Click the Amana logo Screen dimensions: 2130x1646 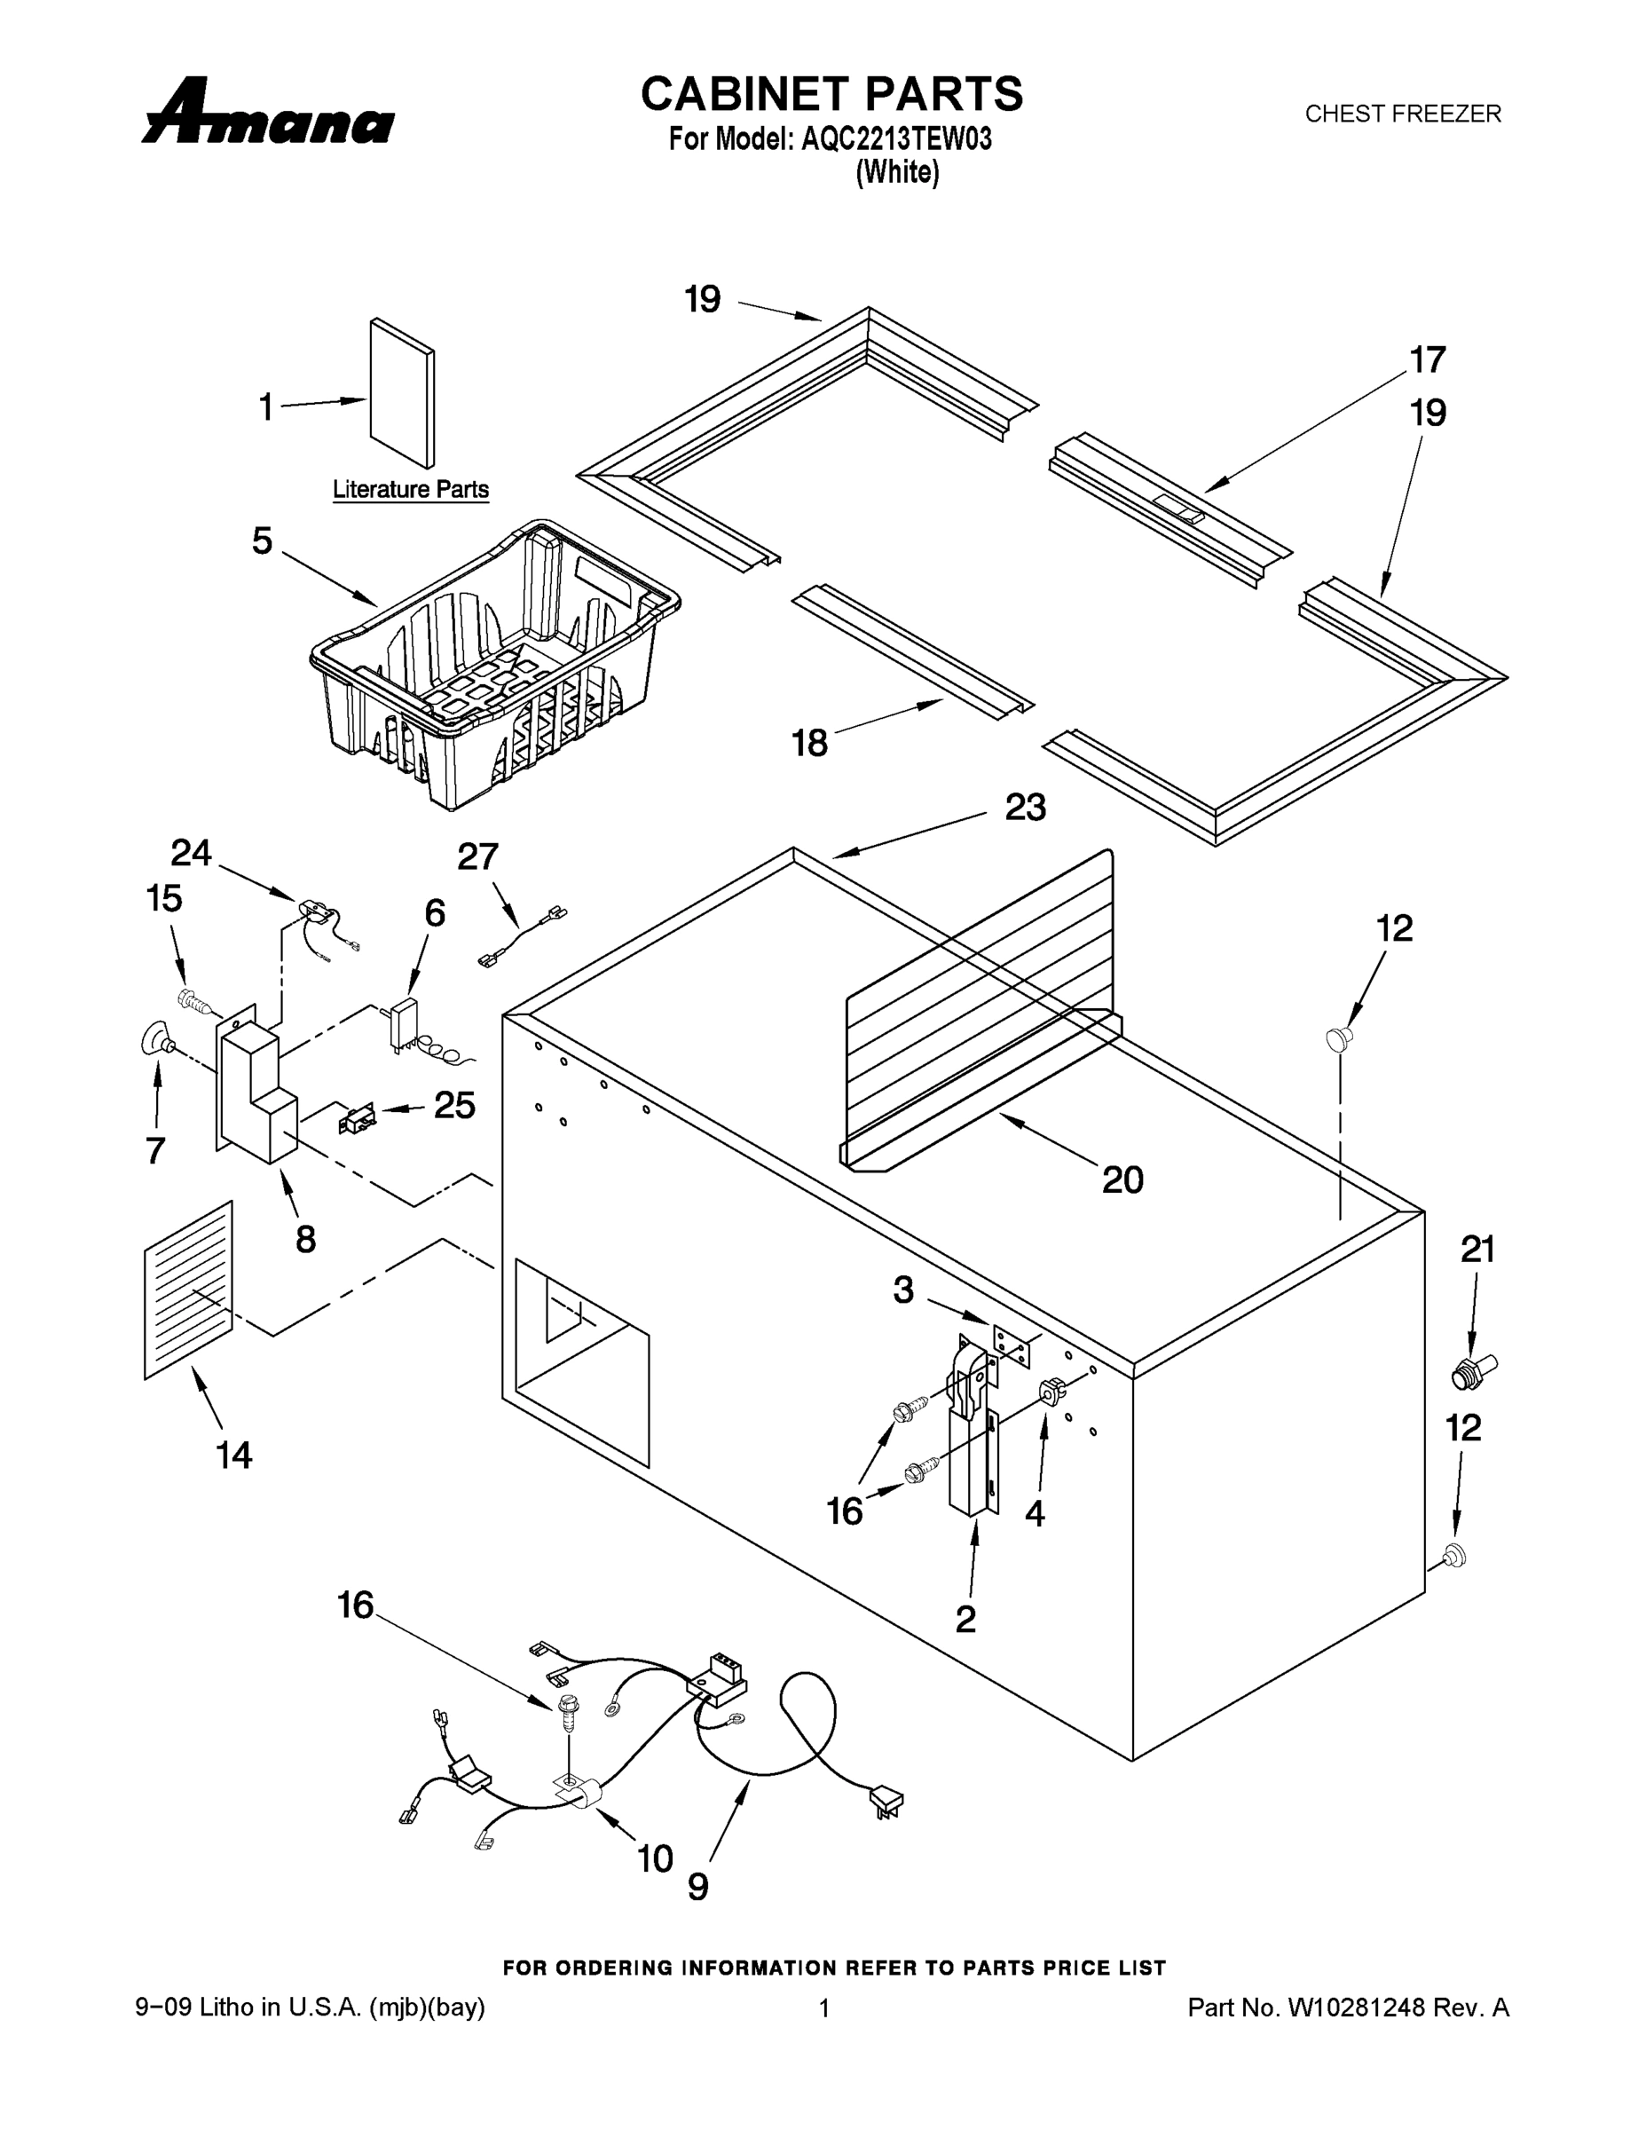(x=268, y=114)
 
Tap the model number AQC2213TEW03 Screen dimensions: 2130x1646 (x=896, y=139)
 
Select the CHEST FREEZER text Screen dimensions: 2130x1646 (x=1402, y=114)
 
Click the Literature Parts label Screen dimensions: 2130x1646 (x=411, y=490)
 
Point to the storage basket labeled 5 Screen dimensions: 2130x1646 (x=497, y=663)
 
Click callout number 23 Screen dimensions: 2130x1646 (x=1026, y=808)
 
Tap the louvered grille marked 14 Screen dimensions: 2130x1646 (x=188, y=1290)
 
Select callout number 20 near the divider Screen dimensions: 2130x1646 (x=1122, y=1179)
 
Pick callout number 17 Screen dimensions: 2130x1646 (x=1428, y=359)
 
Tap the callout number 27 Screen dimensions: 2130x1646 (x=476, y=856)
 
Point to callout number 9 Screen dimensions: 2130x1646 (x=698, y=1887)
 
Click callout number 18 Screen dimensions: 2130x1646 (x=809, y=743)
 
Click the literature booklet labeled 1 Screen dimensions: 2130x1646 (x=402, y=392)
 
